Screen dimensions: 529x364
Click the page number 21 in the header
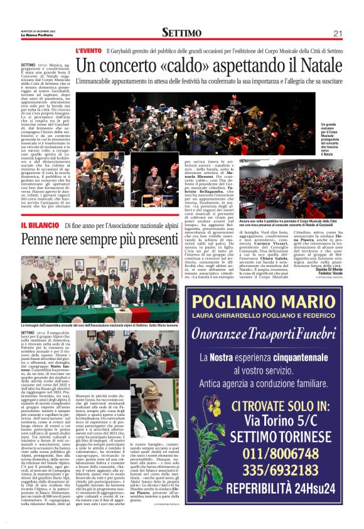[337, 33]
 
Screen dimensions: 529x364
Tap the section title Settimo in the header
[181, 33]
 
